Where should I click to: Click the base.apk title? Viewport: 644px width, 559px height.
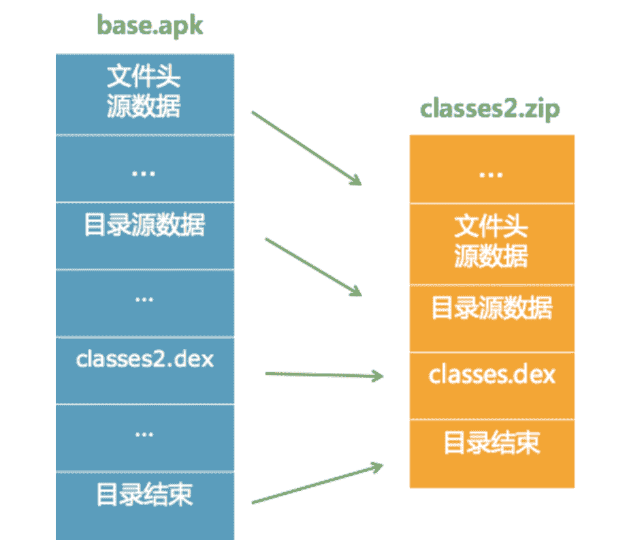150,25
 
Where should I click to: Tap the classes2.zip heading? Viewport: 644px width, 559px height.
490,108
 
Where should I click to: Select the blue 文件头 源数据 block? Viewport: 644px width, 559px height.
144,94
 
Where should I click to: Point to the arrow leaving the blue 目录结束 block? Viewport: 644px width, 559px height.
315,484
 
